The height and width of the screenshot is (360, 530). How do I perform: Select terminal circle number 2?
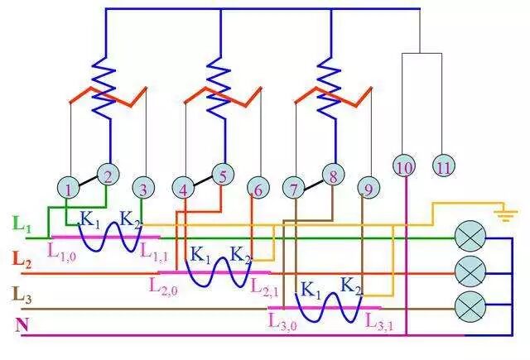108,175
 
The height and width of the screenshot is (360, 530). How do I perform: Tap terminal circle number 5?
222,175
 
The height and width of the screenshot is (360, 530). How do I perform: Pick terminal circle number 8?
332,175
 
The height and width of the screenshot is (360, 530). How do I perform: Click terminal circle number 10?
405,166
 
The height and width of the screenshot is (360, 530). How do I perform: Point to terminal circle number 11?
444,166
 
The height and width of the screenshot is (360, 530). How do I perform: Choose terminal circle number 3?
144,189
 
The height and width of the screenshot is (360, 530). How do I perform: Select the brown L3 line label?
22,294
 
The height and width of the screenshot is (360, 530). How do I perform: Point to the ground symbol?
500,215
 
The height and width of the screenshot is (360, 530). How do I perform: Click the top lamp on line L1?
470,238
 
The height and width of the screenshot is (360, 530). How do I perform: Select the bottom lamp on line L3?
470,307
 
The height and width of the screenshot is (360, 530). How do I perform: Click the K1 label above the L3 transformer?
310,290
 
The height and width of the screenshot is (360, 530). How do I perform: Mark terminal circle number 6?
258,189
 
